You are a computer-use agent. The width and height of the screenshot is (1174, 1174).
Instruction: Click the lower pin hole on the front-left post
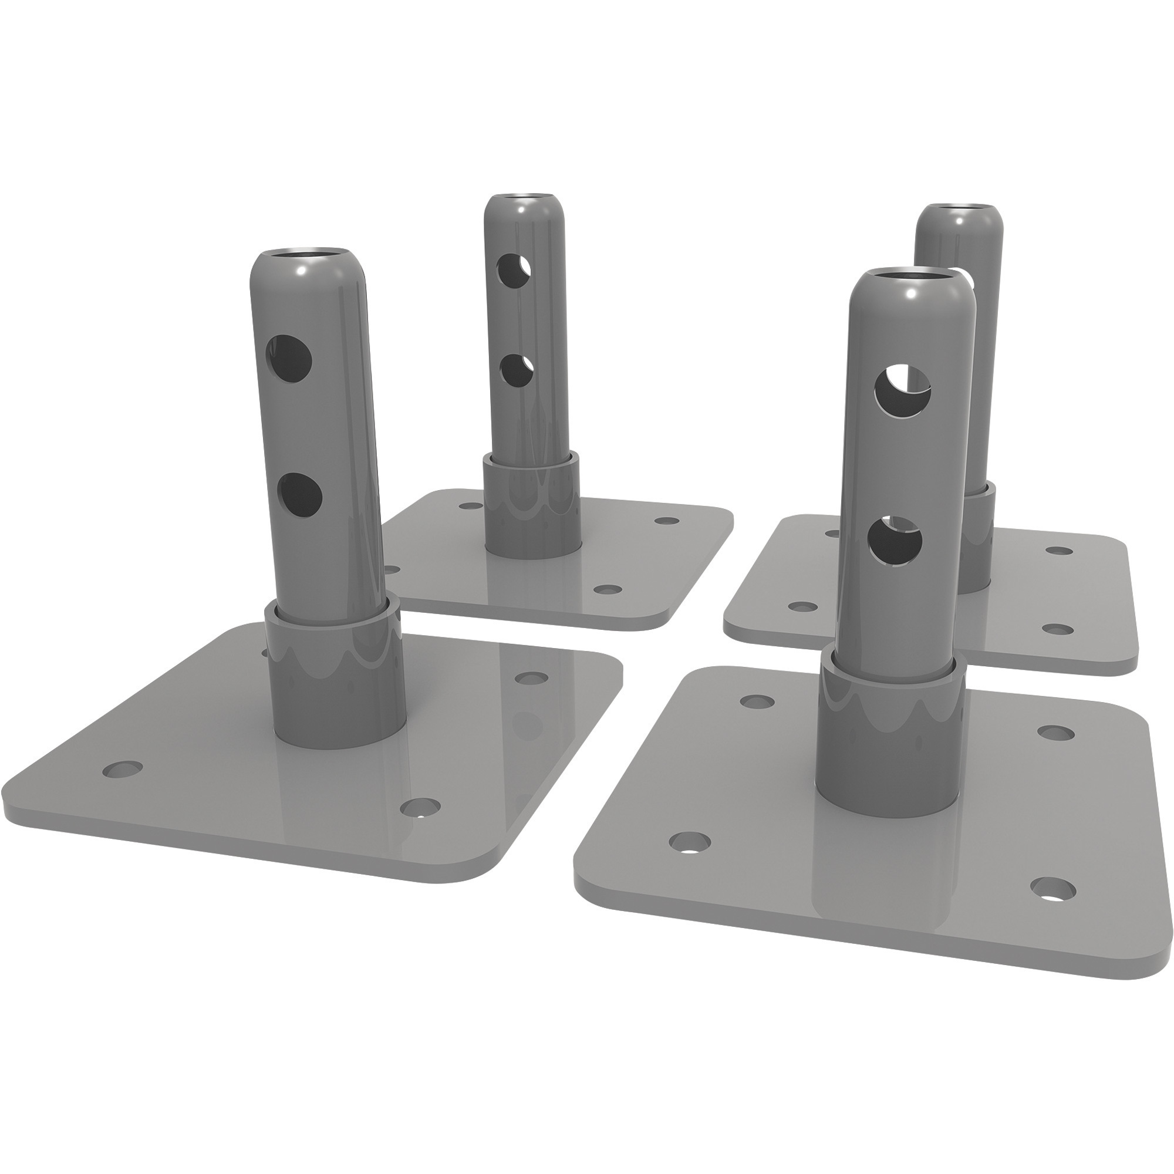click(x=300, y=495)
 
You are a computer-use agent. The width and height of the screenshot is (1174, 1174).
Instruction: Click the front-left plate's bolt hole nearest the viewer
click(x=421, y=807)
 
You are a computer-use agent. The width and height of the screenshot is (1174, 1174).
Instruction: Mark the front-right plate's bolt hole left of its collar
click(x=689, y=842)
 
